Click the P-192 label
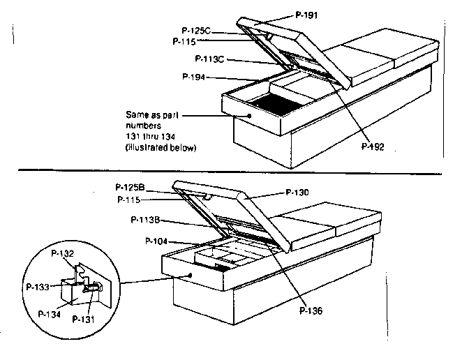pyautogui.click(x=374, y=147)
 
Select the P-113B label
pyautogui.click(x=149, y=220)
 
